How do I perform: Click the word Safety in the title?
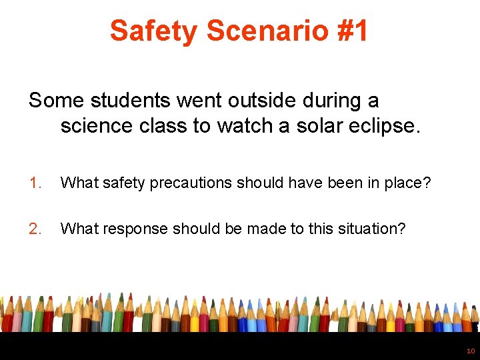pyautogui.click(x=154, y=31)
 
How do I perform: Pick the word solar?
pyautogui.click(x=311, y=126)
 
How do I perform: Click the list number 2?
pyautogui.click(x=35, y=229)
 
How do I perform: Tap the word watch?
pyautogui.click(x=243, y=126)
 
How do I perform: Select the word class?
pyautogui.click(x=163, y=126)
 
